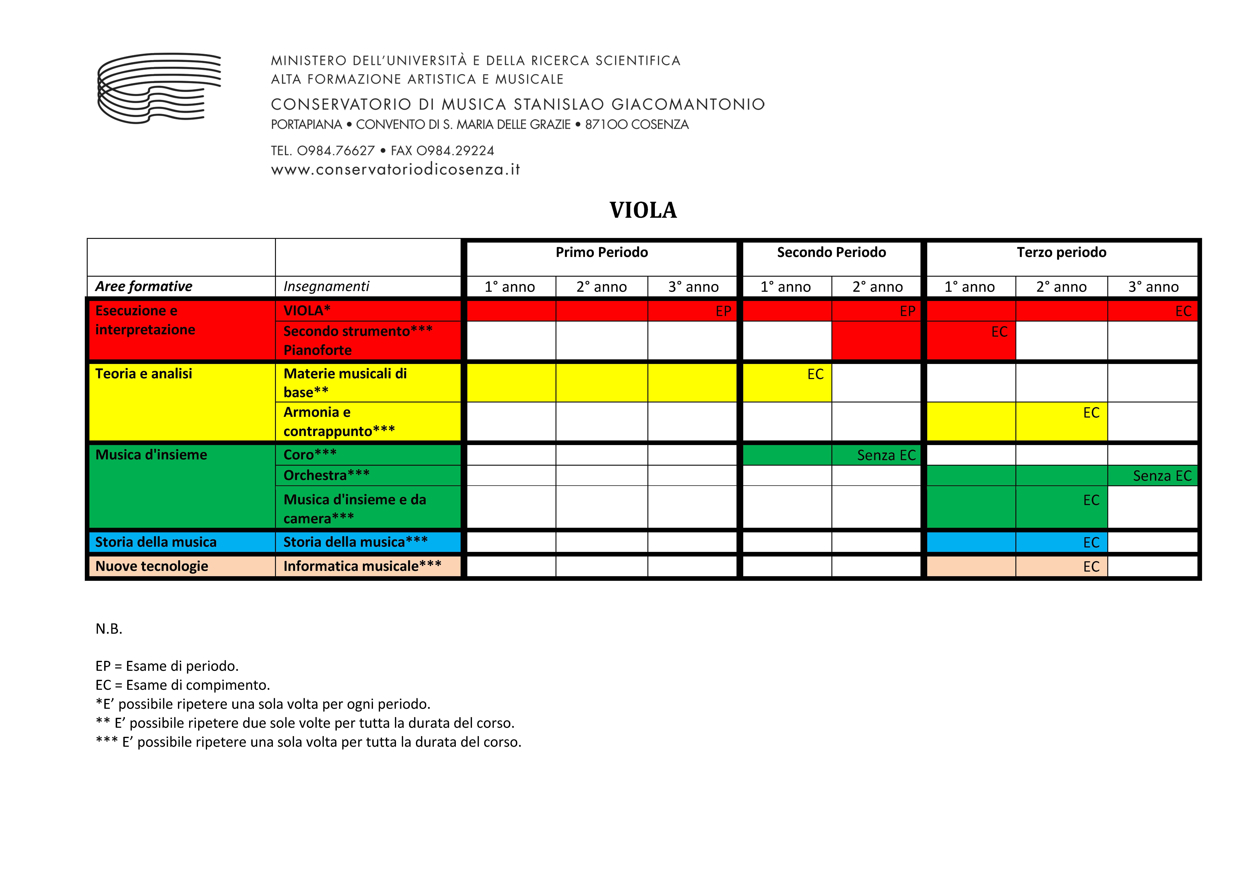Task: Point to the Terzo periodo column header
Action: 1061,253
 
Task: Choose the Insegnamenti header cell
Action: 326,286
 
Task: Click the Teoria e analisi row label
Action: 144,374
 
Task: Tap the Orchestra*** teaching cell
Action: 326,475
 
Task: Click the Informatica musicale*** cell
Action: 362,566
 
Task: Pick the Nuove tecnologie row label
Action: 152,566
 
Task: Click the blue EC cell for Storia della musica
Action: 1061,542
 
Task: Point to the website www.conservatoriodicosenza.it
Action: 395,170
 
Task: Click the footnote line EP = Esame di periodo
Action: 167,666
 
